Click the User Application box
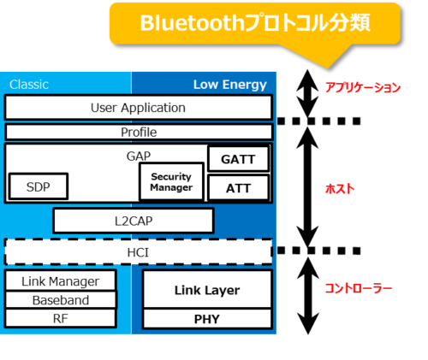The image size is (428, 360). click(138, 108)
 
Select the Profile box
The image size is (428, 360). click(138, 133)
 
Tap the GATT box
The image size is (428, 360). click(239, 159)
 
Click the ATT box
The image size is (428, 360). click(239, 187)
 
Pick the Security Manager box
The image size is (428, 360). click(171, 181)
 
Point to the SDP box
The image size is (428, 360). click(38, 186)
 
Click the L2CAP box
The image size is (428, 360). click(133, 221)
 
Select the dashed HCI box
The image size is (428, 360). click(138, 252)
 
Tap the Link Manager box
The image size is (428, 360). click(60, 281)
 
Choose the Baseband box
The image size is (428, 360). click(60, 300)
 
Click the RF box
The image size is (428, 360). click(60, 318)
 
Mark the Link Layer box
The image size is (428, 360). click(206, 290)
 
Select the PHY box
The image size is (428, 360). click(206, 319)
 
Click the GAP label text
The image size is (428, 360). click(138, 156)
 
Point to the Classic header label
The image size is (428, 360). click(28, 84)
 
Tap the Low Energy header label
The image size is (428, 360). click(229, 84)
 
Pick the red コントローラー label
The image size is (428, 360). click(359, 289)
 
